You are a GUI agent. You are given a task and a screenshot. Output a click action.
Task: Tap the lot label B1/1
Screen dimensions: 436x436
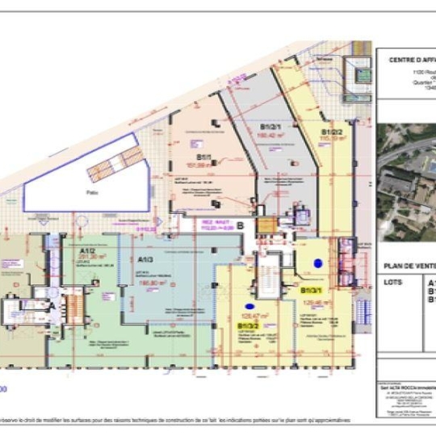point(203,159)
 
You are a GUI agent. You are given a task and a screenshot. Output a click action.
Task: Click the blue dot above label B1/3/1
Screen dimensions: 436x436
point(318,262)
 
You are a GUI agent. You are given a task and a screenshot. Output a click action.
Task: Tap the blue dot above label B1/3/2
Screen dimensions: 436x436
point(250,305)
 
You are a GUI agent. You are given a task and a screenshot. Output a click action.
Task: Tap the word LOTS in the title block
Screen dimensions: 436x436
point(394,283)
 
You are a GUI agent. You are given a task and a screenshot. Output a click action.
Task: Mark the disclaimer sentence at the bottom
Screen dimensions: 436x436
point(178,421)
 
